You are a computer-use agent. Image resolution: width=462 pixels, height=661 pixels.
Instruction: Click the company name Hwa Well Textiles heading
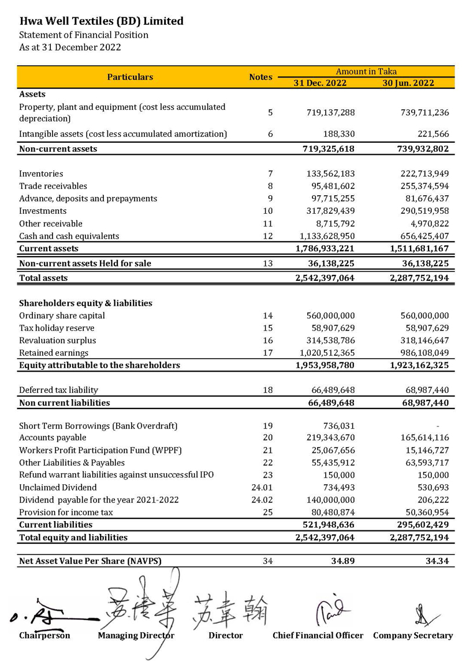click(x=101, y=21)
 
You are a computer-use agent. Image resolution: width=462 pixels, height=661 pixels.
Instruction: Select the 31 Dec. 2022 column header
click(x=320, y=83)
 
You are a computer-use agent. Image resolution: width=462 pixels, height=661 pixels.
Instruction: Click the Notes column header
click(x=260, y=77)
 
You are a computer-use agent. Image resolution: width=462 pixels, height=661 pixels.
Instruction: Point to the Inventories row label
click(x=41, y=173)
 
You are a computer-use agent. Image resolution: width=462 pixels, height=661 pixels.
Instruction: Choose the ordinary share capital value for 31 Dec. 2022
click(x=330, y=315)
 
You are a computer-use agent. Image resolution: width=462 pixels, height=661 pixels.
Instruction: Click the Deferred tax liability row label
click(x=58, y=390)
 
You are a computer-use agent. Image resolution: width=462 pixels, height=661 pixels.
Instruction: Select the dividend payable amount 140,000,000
click(x=330, y=500)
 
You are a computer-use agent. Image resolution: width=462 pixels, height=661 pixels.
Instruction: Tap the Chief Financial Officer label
click(x=318, y=636)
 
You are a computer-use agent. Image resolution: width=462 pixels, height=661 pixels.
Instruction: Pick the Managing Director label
click(x=136, y=636)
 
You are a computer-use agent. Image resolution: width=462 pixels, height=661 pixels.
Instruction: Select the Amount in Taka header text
click(x=366, y=72)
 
